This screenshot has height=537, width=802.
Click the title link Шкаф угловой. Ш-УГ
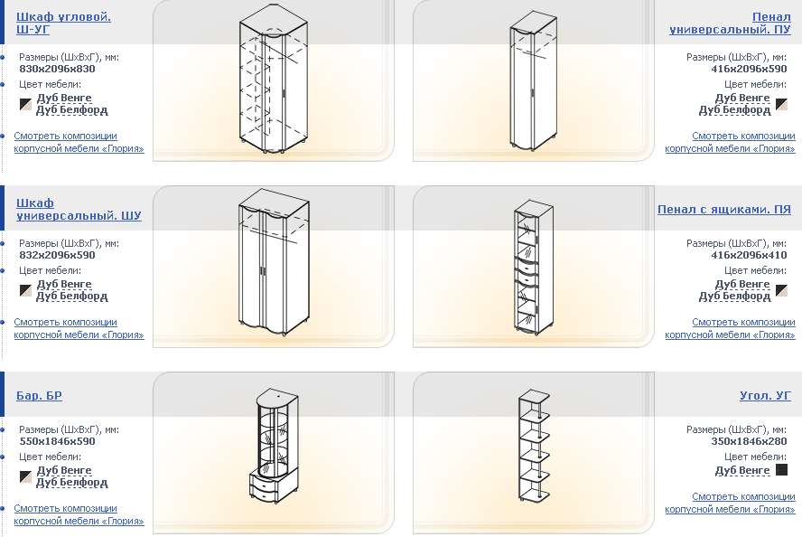pos(63,23)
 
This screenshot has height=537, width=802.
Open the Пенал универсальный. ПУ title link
pos(730,23)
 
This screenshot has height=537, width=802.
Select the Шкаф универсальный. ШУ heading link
pos(79,210)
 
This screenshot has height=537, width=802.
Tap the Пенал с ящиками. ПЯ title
pos(724,210)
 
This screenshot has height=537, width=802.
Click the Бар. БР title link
pos(39,396)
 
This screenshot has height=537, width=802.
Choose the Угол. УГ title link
pos(765,396)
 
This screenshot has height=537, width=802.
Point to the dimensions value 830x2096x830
pos(57,69)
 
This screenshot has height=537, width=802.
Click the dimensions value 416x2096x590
pos(749,69)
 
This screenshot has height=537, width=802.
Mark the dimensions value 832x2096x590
pos(57,256)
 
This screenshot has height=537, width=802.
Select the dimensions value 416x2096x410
pos(749,256)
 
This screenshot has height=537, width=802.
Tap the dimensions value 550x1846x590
pos(57,442)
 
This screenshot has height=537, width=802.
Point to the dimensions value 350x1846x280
pos(749,442)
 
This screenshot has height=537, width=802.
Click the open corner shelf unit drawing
pos(534,446)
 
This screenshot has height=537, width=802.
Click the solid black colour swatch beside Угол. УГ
pos(781,470)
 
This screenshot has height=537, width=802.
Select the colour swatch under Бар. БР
pos(25,476)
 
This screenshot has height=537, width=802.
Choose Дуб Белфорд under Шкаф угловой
pos(72,110)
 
